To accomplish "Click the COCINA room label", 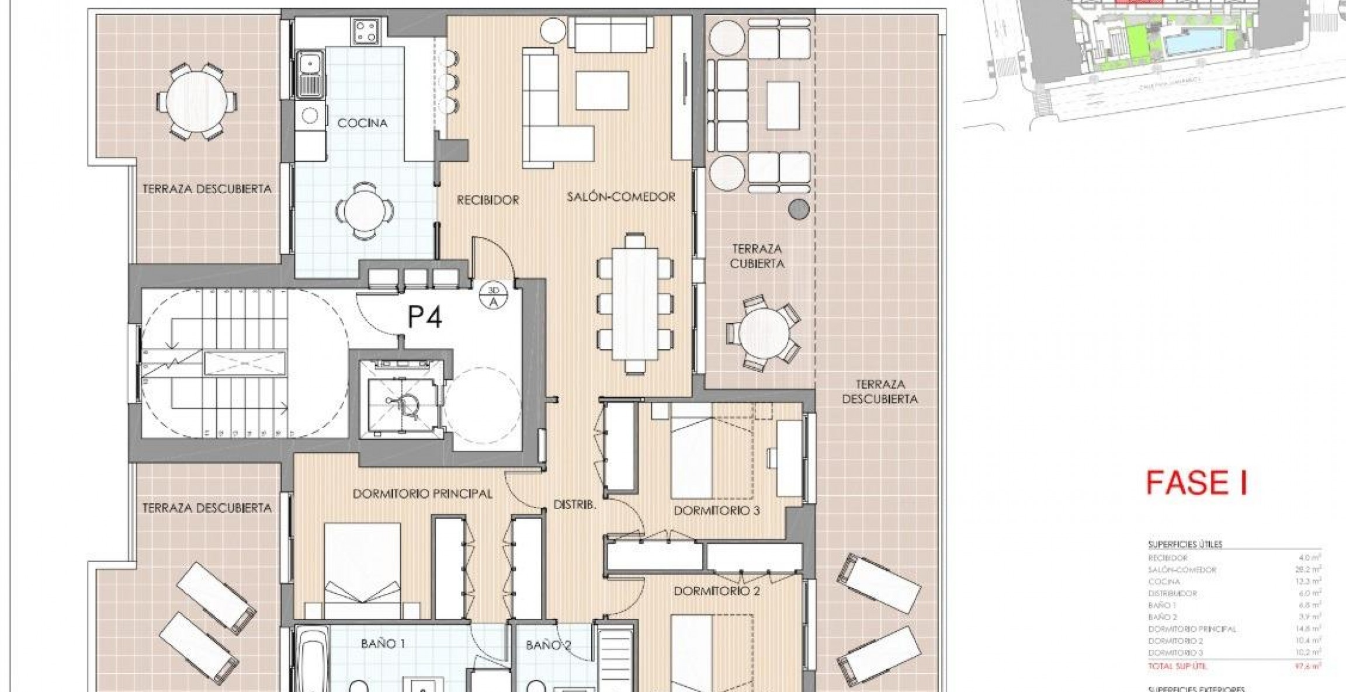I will click(362, 123).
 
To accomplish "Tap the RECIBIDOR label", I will click(488, 200).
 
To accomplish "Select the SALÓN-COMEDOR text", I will click(621, 197).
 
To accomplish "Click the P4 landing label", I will click(425, 318).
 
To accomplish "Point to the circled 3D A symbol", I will click(493, 296).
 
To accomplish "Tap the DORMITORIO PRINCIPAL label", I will click(422, 494).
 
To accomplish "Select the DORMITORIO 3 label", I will click(716, 511).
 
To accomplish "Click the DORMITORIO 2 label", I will click(716, 591).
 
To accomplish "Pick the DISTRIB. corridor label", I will click(575, 505).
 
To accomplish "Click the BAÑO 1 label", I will click(383, 644).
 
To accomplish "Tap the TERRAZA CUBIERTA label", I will click(757, 256).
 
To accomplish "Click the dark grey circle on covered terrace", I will click(799, 209).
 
